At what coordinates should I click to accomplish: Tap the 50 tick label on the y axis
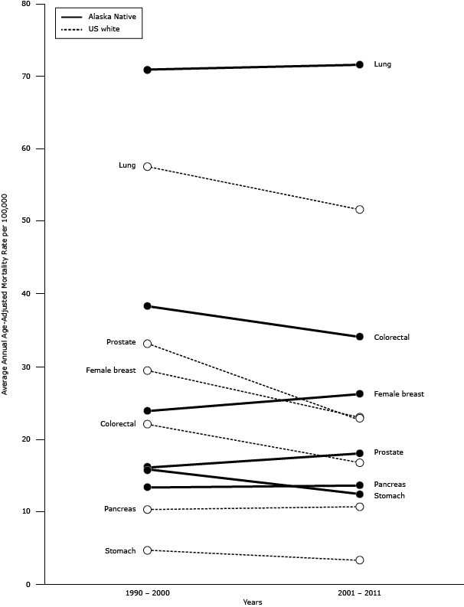coord(27,221)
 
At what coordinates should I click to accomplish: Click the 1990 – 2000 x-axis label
coord(147,594)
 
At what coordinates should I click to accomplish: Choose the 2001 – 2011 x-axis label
coord(359,594)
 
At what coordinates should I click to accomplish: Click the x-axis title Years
coord(253,602)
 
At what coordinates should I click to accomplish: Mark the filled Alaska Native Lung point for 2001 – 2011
coord(359,64)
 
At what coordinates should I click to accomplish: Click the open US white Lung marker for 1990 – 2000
coord(147,166)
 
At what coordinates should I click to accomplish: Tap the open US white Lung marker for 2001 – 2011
coord(359,210)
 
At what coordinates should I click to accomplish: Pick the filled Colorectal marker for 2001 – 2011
coord(359,337)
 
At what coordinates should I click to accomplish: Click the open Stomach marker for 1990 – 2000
coord(147,550)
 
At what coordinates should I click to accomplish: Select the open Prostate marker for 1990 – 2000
coord(147,344)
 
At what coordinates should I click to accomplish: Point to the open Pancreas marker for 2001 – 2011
coord(359,507)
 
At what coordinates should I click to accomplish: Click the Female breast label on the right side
coord(398,394)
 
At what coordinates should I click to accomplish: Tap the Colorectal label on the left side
coord(118,424)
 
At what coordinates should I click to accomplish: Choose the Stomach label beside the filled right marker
coord(389,496)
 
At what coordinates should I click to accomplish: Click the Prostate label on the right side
coord(388,452)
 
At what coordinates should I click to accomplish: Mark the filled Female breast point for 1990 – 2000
coord(147,411)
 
